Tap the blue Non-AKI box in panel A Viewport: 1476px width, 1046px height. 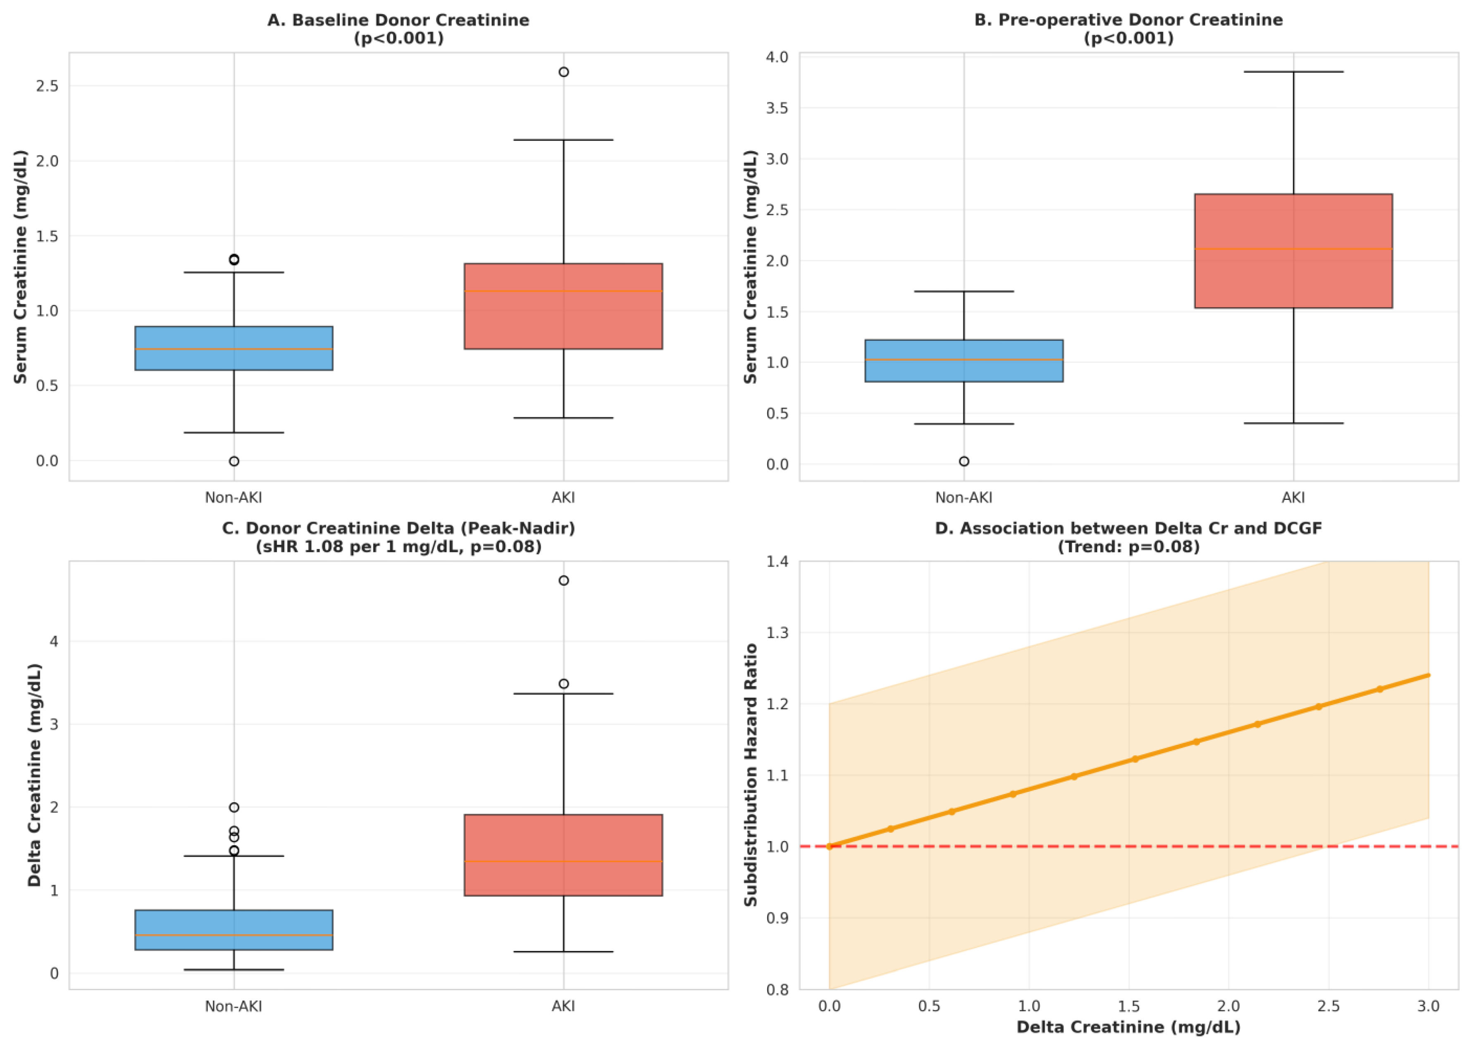coord(234,348)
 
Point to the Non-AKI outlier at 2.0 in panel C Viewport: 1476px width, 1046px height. coord(234,807)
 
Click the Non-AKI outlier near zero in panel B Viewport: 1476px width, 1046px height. coord(964,461)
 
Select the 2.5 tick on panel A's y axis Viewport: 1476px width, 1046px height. coord(47,86)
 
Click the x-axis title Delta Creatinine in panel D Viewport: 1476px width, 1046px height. coord(1128,1027)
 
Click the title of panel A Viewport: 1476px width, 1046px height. coord(398,29)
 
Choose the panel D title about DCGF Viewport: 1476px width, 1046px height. coord(1128,537)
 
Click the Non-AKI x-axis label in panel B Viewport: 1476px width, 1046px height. coord(964,497)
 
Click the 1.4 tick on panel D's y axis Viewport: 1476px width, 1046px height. coord(777,562)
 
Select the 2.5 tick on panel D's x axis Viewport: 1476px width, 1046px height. coord(1328,1007)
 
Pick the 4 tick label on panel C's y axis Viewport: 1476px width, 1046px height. coord(54,642)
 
